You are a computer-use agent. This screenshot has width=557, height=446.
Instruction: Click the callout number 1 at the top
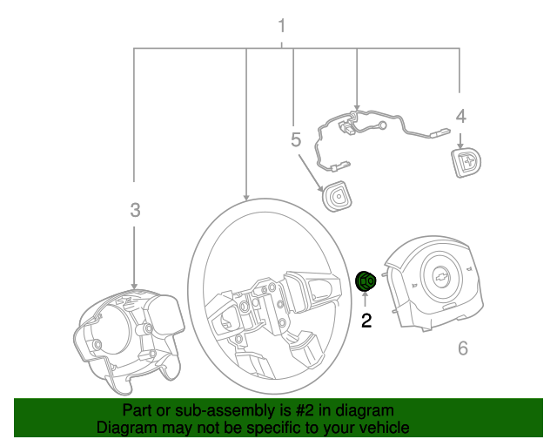coord(281,24)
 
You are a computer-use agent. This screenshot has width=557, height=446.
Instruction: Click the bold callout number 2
coord(366,321)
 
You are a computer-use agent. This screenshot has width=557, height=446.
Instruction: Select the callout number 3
coord(135,210)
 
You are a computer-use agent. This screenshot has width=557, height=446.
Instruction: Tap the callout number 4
coord(460,116)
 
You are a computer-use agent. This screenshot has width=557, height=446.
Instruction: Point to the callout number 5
coord(296,140)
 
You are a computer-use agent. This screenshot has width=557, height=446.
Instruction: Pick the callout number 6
coord(462,349)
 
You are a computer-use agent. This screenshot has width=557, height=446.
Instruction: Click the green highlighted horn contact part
coord(366,280)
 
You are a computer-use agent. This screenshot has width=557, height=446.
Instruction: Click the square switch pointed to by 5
coord(336,198)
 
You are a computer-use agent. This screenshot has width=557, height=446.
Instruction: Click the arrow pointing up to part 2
coord(366,301)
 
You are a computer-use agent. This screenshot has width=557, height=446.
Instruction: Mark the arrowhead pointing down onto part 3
coord(134,285)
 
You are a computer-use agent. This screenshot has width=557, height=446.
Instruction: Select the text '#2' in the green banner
coord(300,410)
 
